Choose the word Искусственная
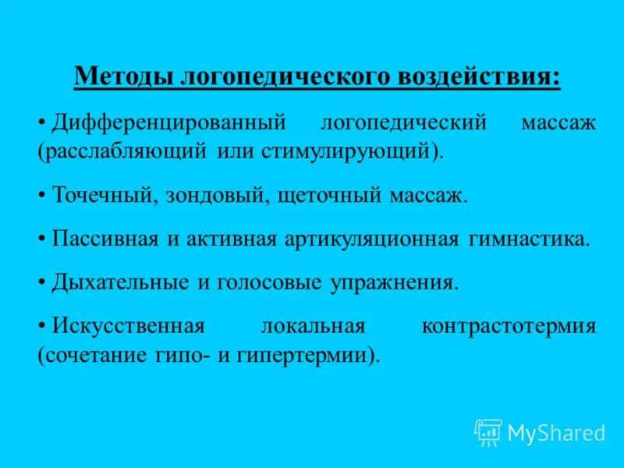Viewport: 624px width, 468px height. click(128, 327)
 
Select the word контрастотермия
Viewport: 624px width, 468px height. click(509, 327)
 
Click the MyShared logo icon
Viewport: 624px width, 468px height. click(488, 432)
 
